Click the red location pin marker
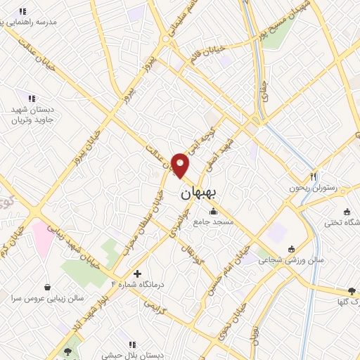tap(181, 165)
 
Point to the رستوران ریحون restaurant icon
tap(314, 176)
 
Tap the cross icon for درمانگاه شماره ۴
tap(137, 273)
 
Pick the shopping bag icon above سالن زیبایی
tap(47, 287)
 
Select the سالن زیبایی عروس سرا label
tap(46, 298)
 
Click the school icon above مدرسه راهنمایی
tap(22, 11)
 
